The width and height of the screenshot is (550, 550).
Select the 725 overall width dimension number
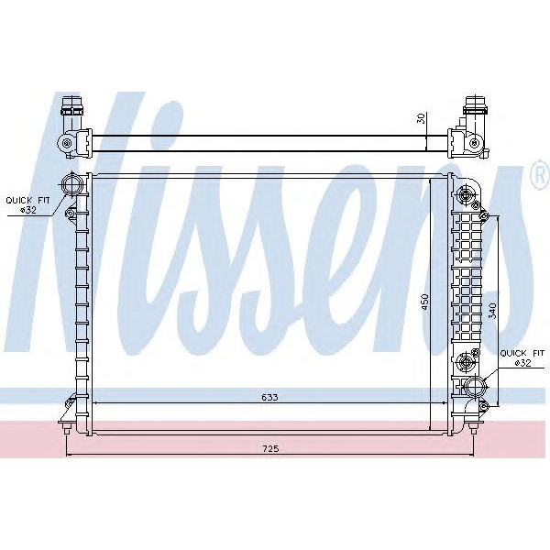click(x=269, y=449)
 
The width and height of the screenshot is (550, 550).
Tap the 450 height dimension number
click(x=423, y=302)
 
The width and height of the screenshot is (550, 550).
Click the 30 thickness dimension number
click(x=423, y=118)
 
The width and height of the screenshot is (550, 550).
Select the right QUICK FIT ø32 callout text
click(x=517, y=357)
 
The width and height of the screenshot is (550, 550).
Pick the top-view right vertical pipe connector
click(x=474, y=115)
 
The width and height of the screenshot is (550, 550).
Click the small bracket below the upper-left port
click(x=70, y=214)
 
